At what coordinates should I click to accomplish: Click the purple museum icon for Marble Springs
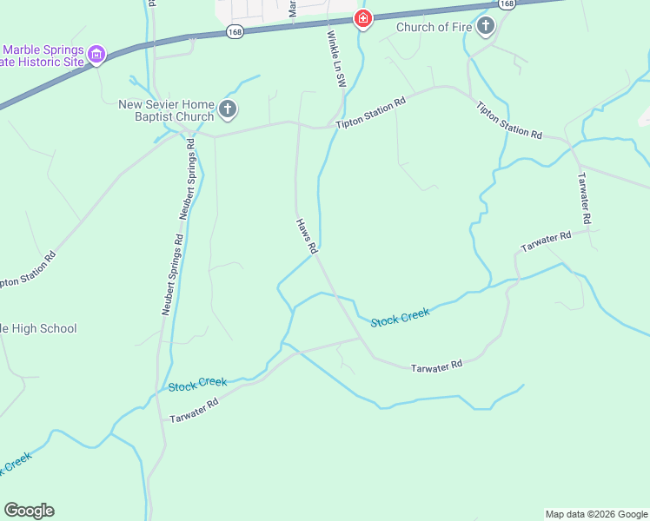point(97,56)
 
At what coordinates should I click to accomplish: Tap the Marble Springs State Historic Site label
point(43,56)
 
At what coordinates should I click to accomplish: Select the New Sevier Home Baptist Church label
point(166,111)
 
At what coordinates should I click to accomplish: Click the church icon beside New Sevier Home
point(228,109)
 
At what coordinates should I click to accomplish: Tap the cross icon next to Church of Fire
point(486,26)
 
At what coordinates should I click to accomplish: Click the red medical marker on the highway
point(362,18)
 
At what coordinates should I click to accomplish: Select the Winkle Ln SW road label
point(336,58)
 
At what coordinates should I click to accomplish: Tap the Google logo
point(29,511)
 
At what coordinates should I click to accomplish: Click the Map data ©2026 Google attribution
point(596,514)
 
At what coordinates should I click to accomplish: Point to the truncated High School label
point(38,328)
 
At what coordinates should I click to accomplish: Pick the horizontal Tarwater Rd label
point(436,366)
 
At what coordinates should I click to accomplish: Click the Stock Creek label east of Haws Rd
point(401,317)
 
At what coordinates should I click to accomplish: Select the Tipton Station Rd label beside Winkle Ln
point(371,114)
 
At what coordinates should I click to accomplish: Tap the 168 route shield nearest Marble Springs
point(234,31)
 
